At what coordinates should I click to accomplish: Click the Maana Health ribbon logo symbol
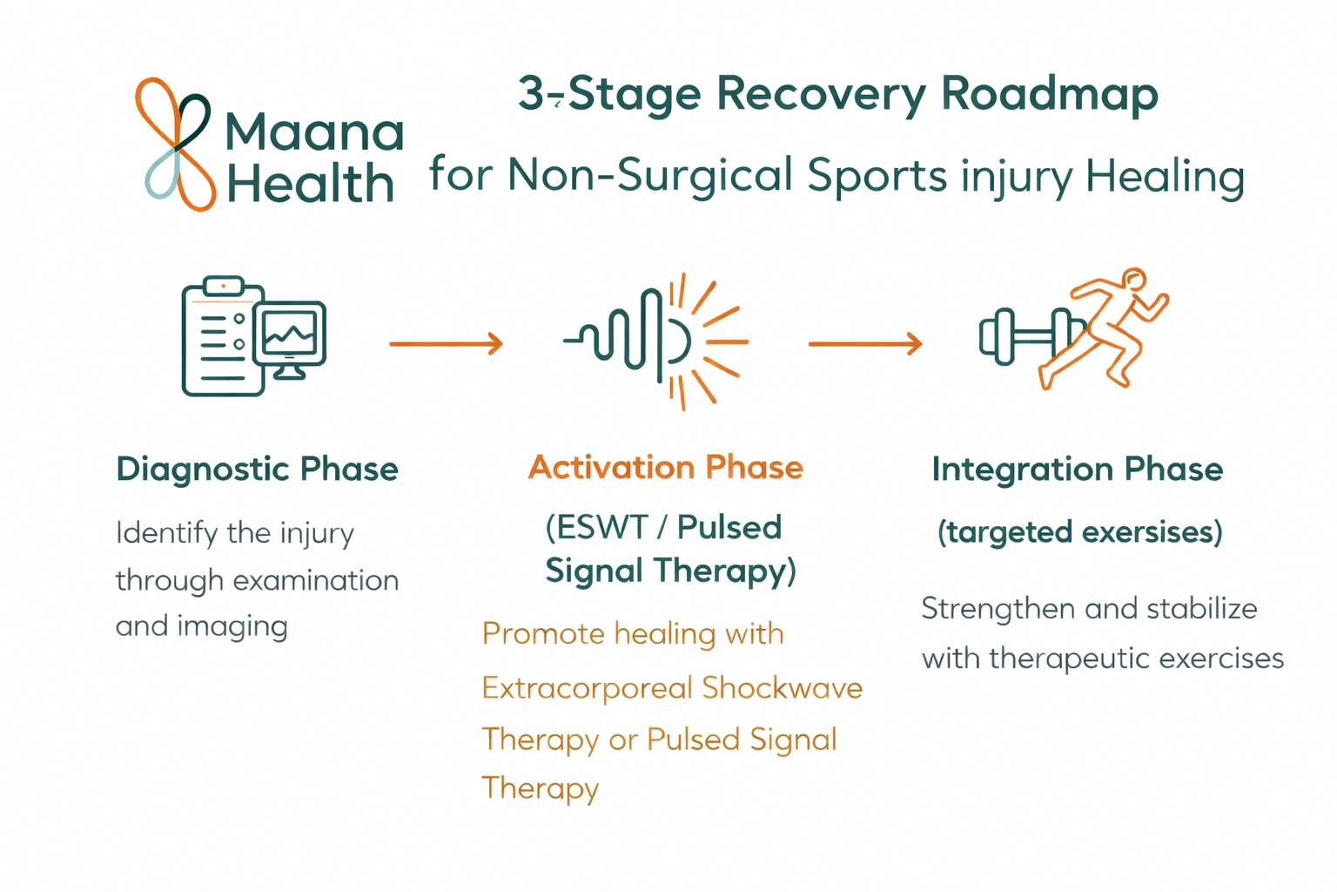(175, 144)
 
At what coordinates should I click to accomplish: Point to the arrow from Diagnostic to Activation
(446, 343)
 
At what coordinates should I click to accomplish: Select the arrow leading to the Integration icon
(864, 343)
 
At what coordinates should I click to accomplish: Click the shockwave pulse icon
(657, 340)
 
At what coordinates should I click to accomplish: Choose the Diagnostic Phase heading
(257, 469)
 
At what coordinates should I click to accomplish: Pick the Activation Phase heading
(665, 468)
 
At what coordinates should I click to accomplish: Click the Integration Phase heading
(1077, 469)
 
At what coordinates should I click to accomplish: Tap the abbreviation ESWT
(596, 527)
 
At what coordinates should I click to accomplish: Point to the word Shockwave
(782, 688)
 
